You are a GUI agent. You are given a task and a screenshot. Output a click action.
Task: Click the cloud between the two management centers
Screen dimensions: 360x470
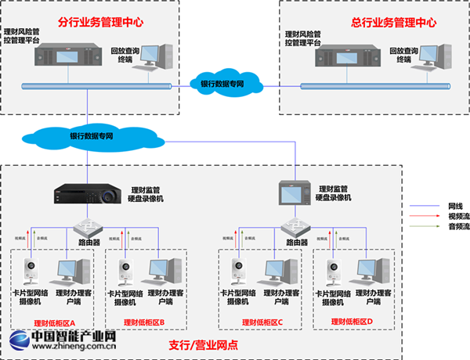click(x=223, y=83)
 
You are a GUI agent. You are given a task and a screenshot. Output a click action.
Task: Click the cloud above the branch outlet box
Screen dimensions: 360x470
click(x=86, y=136)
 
